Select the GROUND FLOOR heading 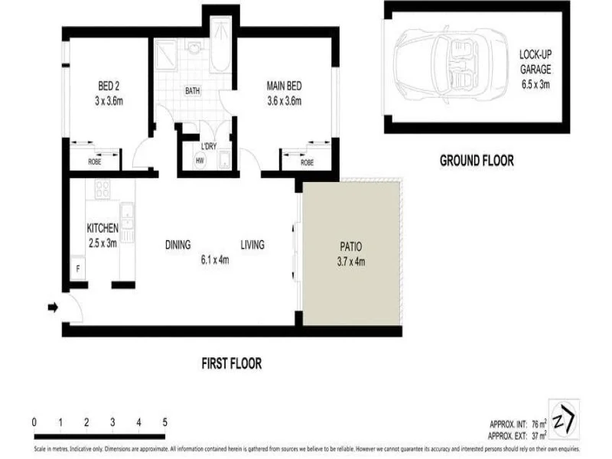(x=476, y=161)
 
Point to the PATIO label (x=351, y=254)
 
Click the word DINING (x=178, y=246)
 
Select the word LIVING (x=252, y=246)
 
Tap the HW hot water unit (x=200, y=161)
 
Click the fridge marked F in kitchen (x=77, y=270)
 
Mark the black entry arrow (x=53, y=308)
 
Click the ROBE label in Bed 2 (x=94, y=162)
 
